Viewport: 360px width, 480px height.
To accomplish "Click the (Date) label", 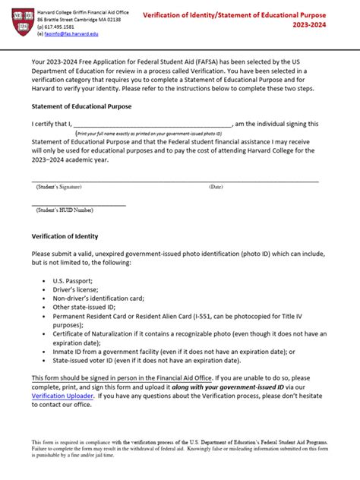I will click(x=216, y=187).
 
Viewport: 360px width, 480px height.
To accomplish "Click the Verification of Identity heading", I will click(x=65, y=236).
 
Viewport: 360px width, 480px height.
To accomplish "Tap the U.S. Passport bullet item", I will click(x=73, y=280).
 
